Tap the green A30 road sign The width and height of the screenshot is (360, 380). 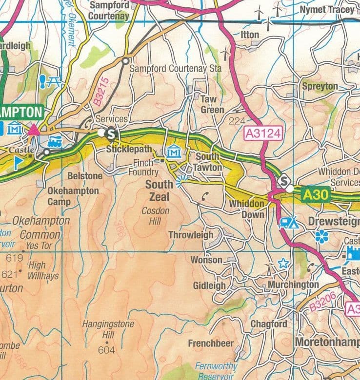[316, 195]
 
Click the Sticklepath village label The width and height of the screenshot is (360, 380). [129, 150]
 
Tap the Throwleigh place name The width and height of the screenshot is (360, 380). [191, 235]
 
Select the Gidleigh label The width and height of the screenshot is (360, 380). [209, 285]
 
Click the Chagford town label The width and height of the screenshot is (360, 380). [269, 324]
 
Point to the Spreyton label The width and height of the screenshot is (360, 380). [320, 86]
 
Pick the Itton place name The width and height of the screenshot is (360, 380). [250, 35]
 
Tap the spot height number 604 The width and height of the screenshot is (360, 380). [106, 350]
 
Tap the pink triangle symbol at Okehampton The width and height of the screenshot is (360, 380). [34, 130]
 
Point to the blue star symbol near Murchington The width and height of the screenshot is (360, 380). [282, 263]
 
